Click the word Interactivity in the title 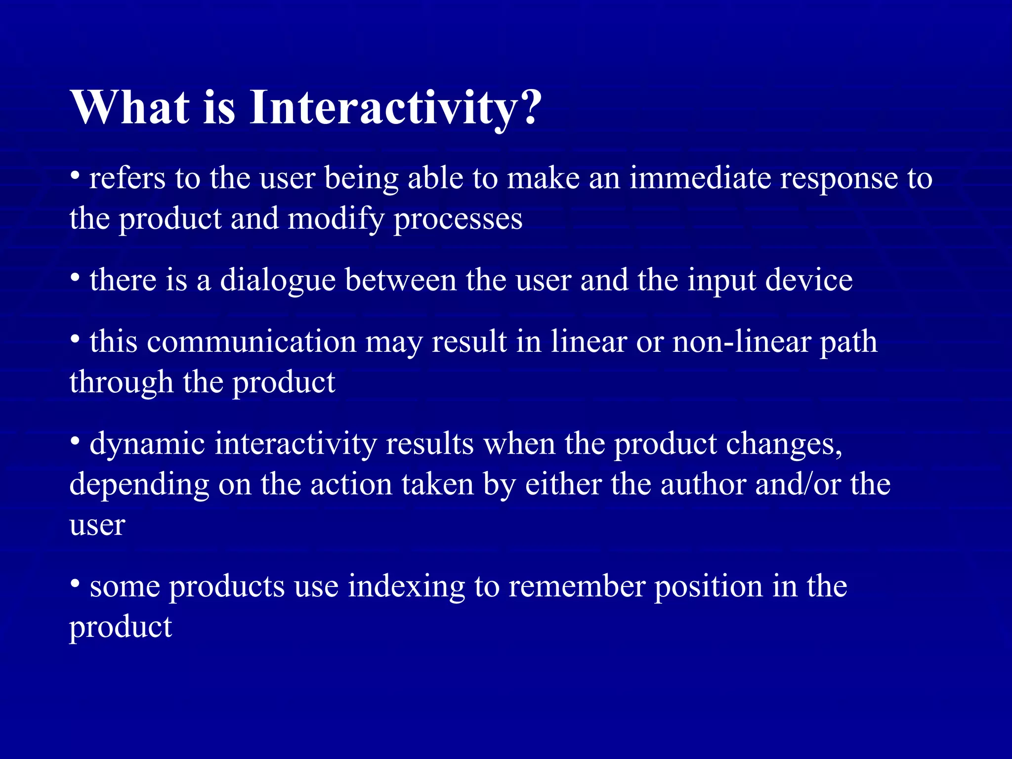click(382, 107)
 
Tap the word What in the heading click(129, 107)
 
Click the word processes click(458, 219)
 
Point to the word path click(848, 342)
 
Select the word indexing click(406, 587)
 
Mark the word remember click(577, 587)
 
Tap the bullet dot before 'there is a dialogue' click(75, 277)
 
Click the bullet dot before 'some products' click(75, 584)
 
